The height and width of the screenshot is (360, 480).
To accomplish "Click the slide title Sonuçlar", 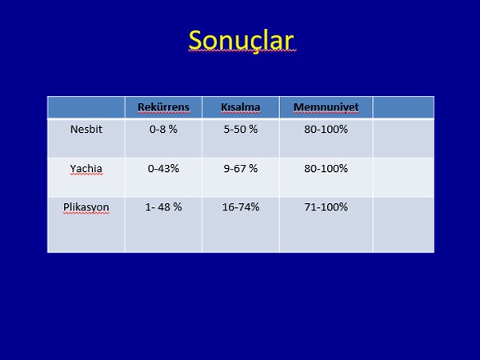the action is pos(241,41).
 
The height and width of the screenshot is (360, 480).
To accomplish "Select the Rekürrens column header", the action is pos(163,107).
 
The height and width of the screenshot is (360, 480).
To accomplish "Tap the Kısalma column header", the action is pos(241,107).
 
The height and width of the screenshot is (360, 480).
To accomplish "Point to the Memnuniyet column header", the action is pos(326,107).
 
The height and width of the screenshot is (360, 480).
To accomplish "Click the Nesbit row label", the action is pos(86,129).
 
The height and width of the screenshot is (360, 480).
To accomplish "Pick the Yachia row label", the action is pos(86,168).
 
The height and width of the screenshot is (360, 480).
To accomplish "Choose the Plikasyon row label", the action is pos(86,207).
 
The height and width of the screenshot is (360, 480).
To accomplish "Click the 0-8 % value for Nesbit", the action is pos(163,129).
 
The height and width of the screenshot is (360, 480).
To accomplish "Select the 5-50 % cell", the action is pos(241,129).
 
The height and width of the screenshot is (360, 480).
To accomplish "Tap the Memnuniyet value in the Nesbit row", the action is pos(326,129).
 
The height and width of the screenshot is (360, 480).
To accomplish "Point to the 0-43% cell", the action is pos(163,168).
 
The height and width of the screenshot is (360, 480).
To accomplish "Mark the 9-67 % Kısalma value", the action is pos(241,168).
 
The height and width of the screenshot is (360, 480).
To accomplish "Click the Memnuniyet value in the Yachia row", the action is pos(326,168).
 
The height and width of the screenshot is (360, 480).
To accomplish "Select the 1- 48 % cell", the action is pos(163,207).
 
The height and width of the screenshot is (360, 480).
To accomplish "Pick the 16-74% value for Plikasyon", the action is pos(241,207).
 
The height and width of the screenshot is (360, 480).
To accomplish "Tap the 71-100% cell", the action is pos(326,207).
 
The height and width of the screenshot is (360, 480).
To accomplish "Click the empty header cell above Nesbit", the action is pos(86,107).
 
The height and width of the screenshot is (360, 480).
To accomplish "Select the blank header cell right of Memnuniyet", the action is pos(403,107).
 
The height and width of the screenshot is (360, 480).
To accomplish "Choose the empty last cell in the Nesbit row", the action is pos(403,138).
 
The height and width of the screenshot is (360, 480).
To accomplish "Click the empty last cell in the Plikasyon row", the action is pos(403,225).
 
